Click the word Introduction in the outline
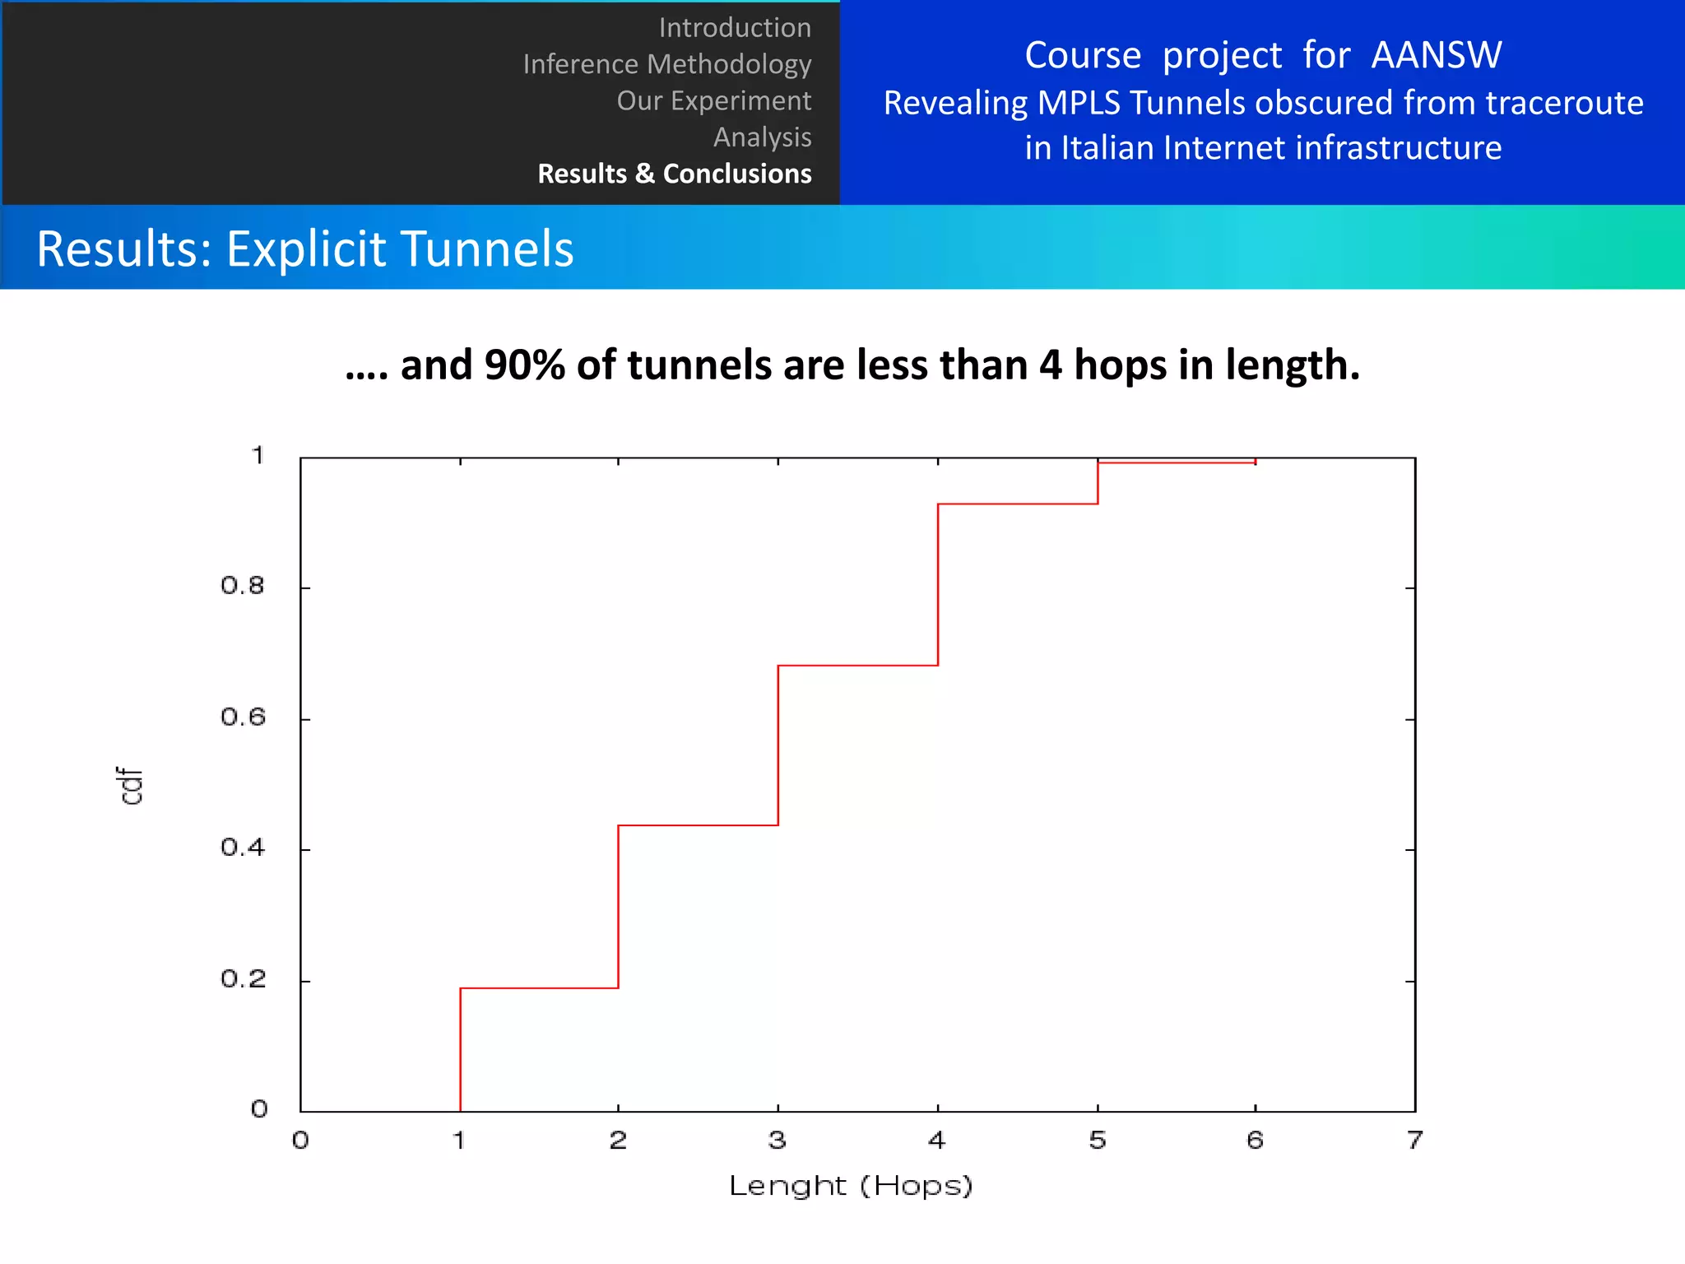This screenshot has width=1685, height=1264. [735, 28]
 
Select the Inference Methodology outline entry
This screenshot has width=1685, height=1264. [666, 64]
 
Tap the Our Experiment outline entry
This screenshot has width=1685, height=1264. [713, 100]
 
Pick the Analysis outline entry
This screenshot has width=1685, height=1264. [762, 137]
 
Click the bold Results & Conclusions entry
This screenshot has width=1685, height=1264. [674, 174]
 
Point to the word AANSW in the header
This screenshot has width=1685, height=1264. [1436, 56]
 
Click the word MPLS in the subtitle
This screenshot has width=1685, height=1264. [1079, 104]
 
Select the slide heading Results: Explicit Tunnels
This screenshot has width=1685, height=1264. [305, 249]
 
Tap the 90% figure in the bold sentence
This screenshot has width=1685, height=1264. [524, 365]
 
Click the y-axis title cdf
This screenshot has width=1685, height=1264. [129, 786]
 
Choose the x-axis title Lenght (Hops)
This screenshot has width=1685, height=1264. [851, 1186]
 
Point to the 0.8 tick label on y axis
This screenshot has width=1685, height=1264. [243, 586]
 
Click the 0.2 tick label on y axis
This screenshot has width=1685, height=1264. [243, 979]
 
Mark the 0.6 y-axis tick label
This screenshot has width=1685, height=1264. [243, 718]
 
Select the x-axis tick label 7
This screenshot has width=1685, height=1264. [1414, 1140]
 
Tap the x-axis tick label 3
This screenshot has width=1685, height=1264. [777, 1140]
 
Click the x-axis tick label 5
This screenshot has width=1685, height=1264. [1097, 1140]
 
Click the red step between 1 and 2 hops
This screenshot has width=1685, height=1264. [539, 987]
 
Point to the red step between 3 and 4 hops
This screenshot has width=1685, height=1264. [858, 665]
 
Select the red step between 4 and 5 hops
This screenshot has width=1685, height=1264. [1018, 504]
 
